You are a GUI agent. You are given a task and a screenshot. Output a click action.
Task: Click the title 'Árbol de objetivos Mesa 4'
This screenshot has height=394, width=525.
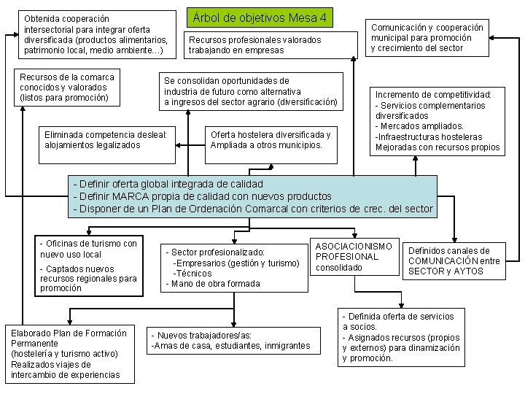[261, 17]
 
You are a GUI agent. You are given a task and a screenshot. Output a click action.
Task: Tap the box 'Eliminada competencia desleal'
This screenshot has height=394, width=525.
[107, 139]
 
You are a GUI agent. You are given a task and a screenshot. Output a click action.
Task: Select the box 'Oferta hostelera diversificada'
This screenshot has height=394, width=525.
[270, 139]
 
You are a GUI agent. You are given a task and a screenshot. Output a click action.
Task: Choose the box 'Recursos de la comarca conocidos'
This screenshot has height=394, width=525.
[68, 87]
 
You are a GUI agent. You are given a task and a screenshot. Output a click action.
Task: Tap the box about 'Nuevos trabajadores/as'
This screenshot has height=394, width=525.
[230, 341]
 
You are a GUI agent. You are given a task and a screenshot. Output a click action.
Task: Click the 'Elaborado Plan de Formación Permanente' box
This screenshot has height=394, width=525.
[69, 354]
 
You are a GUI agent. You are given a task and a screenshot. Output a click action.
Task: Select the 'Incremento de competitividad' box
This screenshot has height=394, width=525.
[437, 121]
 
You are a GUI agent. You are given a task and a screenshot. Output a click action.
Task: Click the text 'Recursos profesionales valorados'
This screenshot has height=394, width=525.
[254, 40]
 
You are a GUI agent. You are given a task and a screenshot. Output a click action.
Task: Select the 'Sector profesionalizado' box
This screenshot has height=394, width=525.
[232, 267]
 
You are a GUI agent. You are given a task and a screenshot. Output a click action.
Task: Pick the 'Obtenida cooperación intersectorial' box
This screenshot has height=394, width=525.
[95, 34]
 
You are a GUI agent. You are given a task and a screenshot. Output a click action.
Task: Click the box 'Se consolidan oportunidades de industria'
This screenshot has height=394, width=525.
[251, 91]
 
